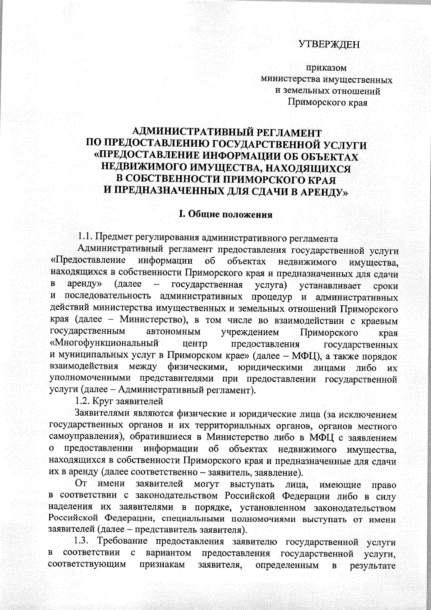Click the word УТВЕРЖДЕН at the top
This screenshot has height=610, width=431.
329,45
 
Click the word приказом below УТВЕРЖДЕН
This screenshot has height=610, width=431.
326,68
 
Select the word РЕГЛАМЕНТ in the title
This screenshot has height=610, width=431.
290,133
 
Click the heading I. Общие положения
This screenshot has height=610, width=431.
226,215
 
